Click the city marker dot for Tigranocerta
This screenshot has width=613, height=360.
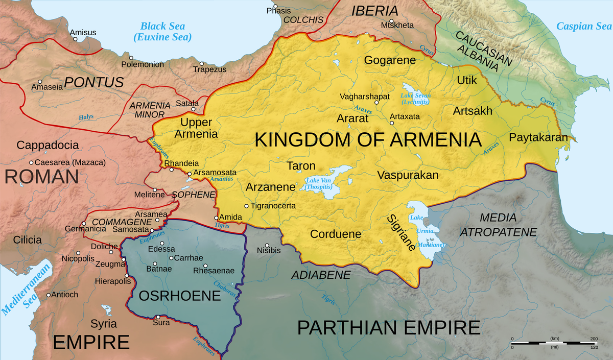point(247,206)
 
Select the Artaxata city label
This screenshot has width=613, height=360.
point(405,116)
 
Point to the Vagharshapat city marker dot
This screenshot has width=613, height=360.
point(376,103)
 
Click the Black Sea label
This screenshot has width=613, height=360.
point(162,32)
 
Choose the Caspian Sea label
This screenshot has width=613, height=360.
point(583,26)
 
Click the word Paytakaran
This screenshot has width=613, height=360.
point(538,137)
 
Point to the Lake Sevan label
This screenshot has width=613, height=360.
point(415,99)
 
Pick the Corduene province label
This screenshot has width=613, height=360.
point(336,234)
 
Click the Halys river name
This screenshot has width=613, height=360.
point(86,117)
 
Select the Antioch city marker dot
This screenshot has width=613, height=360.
point(49,295)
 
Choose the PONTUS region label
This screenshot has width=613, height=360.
point(94,82)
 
